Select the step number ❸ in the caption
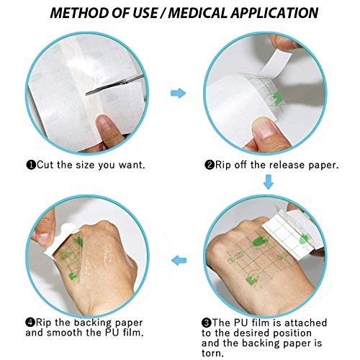[210, 322]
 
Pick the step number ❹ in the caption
[31, 322]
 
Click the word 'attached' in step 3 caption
[310, 322]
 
